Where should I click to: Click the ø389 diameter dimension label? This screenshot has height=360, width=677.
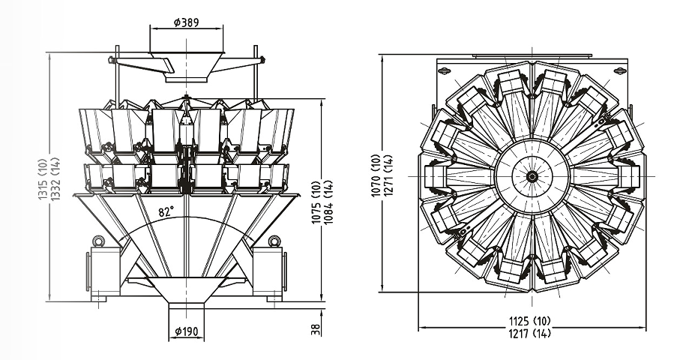tap(185, 22)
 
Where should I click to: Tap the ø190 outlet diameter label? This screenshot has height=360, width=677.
tap(185, 331)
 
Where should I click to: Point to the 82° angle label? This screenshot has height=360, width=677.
tap(166, 212)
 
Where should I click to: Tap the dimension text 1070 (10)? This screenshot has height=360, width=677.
tap(376, 175)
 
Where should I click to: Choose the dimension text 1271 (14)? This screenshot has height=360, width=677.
tap(388, 175)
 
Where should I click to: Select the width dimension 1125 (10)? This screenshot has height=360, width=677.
tap(533, 320)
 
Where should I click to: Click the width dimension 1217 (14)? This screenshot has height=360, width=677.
tap(533, 333)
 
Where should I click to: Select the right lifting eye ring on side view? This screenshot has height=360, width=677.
tap(274, 241)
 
